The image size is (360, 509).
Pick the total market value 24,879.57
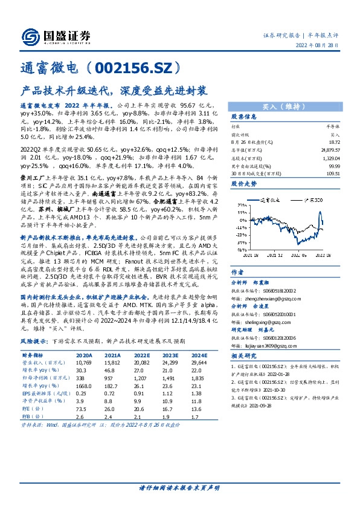330,148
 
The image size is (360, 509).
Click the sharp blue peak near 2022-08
320,212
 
